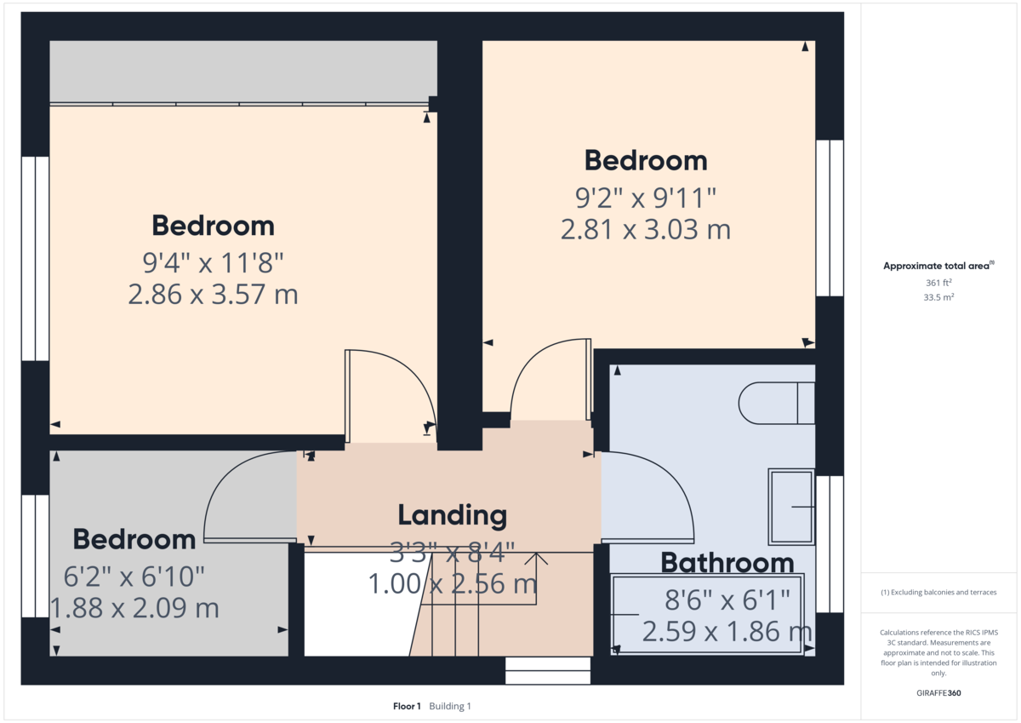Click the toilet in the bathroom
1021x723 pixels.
coord(776,403)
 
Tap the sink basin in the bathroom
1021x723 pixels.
coord(791,507)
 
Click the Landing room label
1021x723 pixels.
coord(452,515)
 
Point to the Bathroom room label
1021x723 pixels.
coord(727,563)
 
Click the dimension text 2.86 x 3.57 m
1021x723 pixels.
coord(213,295)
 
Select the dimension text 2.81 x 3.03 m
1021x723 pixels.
coord(646,229)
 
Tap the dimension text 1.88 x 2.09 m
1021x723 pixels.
coord(134,608)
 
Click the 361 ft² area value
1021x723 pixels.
coord(938,283)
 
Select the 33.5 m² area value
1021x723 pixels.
coord(938,297)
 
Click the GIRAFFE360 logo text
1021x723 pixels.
coord(938,693)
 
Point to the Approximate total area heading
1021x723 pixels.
coord(937,267)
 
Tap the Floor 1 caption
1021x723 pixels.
coord(407,706)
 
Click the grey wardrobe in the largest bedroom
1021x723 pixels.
coord(242,72)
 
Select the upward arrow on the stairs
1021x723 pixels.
coord(537,559)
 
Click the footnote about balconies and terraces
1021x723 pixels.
coord(938,592)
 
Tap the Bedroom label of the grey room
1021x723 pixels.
coord(134,539)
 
